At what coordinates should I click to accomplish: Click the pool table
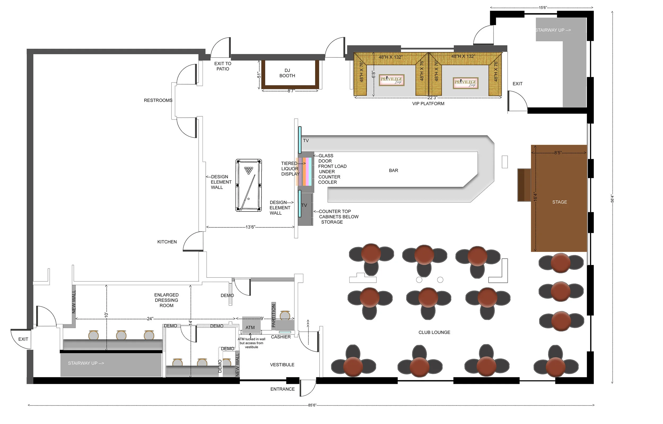[248, 185]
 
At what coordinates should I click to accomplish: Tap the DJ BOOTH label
[287, 73]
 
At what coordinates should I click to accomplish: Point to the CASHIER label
[281, 337]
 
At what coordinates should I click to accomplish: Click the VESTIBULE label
[282, 365]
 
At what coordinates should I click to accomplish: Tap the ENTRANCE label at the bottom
[282, 389]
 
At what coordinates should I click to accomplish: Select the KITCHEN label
[167, 242]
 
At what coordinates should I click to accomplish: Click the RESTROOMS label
[158, 100]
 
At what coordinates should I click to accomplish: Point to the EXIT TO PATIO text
[223, 66]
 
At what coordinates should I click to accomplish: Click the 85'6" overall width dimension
[312, 405]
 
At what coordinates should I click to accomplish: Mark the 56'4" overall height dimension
[612, 198]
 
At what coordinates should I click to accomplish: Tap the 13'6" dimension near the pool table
[250, 227]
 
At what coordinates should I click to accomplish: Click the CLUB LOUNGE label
[434, 332]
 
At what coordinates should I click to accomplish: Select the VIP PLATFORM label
[428, 104]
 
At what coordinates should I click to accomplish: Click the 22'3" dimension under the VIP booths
[432, 98]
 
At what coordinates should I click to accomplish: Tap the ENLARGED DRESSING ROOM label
[166, 300]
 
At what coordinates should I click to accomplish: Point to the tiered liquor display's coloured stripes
[304, 171]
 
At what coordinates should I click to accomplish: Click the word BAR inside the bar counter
[393, 170]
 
